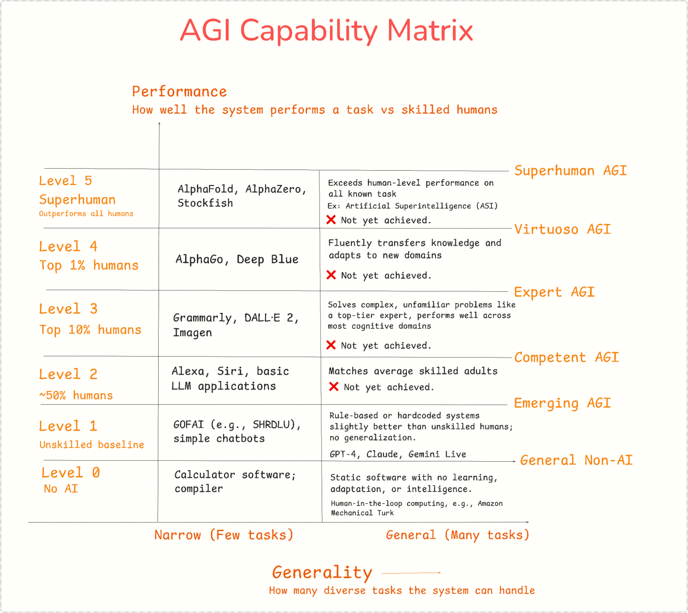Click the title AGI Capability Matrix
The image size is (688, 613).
coord(326,31)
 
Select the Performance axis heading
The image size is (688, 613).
coord(179,92)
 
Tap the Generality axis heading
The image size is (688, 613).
coord(322,573)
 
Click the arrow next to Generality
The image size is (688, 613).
coord(411,573)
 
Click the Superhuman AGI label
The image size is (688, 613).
coord(570,171)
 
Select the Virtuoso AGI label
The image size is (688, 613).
coord(562,229)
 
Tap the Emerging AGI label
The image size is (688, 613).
coord(562,403)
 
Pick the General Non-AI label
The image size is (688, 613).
coord(576,460)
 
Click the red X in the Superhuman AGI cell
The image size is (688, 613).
coord(331,219)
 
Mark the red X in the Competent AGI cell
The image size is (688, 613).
coord(334,386)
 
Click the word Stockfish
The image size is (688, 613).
coord(205,203)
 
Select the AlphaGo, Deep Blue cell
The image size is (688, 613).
coord(237,259)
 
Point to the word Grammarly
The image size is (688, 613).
coord(202,318)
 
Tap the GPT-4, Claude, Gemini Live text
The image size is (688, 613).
coord(398,454)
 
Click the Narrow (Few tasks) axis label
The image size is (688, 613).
coord(224,535)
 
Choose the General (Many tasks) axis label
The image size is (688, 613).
coord(457,535)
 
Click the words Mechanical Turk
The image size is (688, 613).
coord(362,513)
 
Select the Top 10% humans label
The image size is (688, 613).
coord(90,330)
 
